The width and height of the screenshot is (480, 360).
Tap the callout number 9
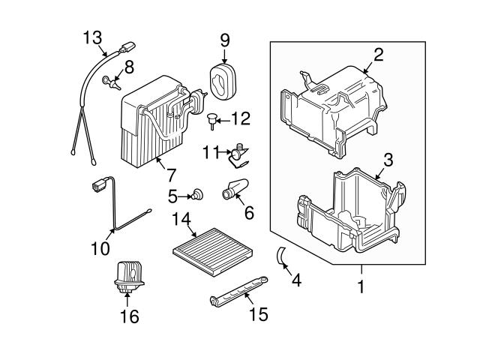pos(223,39)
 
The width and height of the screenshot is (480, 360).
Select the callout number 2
pos(378,53)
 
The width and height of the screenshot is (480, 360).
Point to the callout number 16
pos(129,316)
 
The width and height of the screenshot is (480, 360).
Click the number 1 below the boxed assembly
pos(361,286)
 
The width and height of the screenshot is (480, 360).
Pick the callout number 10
pos(99,247)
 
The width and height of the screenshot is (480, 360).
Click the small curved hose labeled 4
pos(280,256)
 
